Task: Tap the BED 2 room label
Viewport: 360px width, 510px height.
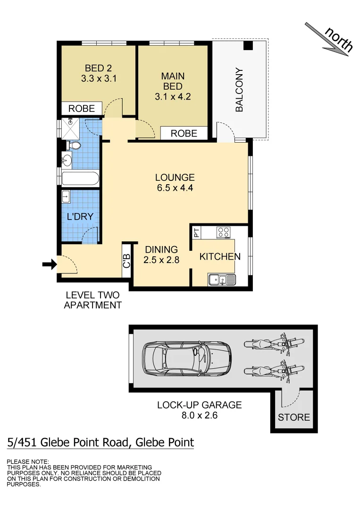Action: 98,69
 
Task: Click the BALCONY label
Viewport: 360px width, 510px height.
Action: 239,90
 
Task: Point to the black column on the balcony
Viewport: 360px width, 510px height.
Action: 248,46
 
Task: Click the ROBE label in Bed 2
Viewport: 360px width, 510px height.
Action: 82,109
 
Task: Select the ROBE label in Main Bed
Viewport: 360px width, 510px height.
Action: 184,134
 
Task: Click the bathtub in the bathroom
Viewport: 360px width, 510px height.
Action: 80,179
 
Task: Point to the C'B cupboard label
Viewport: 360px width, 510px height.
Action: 126,262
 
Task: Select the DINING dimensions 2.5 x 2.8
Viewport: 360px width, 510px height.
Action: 161,259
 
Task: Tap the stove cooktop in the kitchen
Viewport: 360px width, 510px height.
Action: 223,232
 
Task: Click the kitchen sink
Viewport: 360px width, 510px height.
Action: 222,280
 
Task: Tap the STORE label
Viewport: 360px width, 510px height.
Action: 293,417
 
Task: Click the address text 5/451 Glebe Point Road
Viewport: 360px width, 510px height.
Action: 100,442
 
